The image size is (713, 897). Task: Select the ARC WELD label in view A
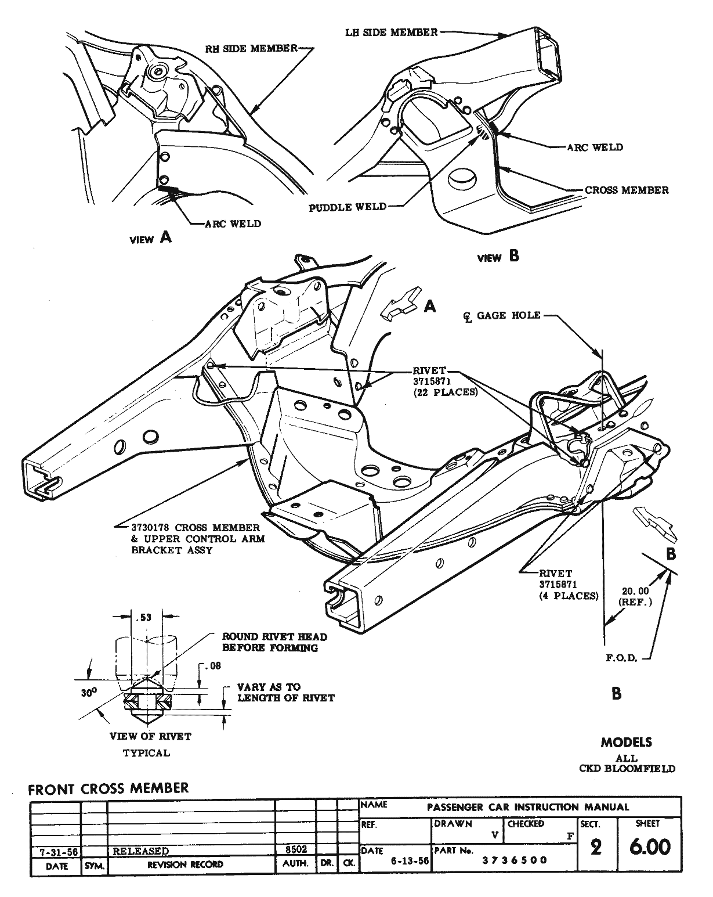[232, 224]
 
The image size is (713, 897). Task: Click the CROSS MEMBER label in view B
[627, 190]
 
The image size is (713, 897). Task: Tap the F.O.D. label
[622, 658]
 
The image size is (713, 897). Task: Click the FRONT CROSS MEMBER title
[108, 788]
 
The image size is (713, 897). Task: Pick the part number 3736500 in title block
[515, 860]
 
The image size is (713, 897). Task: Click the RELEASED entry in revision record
[141, 851]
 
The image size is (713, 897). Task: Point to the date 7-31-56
[54, 851]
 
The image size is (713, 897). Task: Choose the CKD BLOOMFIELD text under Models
[627, 768]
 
